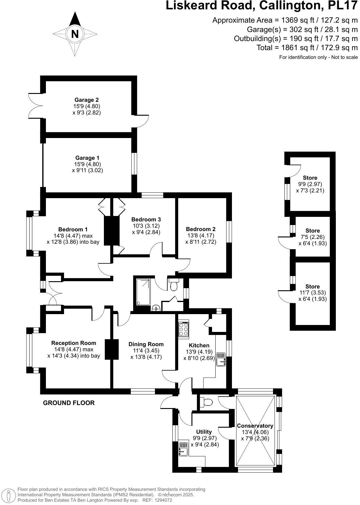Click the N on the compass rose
coord(75,34)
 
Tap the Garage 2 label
coord(87,100)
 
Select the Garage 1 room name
coord(87,158)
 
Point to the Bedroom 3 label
coord(146,219)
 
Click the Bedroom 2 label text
coord(201,229)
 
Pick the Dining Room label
coord(146,344)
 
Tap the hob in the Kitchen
coord(184,329)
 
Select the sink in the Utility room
coord(183,449)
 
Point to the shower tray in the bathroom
coord(143,292)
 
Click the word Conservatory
coord(255,426)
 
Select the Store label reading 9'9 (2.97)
coord(310,184)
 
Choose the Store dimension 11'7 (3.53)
coord(313,292)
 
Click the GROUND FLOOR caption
coord(69,403)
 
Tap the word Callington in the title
coord(289,6)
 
